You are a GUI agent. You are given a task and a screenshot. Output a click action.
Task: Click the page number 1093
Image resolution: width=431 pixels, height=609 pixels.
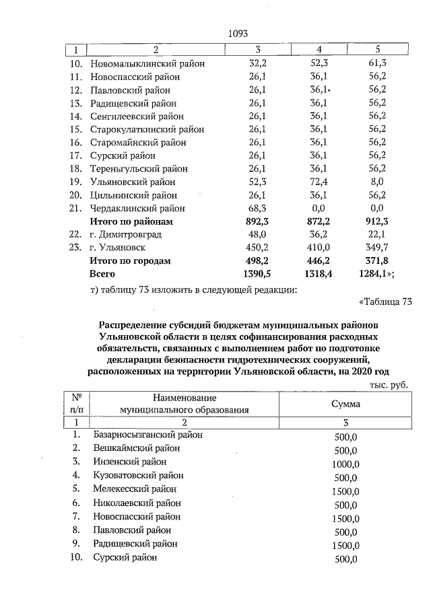tap(238, 33)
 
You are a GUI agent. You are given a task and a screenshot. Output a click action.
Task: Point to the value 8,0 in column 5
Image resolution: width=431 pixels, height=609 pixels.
tap(377, 182)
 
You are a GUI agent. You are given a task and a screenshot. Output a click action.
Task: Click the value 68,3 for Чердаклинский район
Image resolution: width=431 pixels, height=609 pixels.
tap(259, 209)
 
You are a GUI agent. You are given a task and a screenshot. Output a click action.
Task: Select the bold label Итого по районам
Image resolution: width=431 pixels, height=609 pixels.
tap(132, 221)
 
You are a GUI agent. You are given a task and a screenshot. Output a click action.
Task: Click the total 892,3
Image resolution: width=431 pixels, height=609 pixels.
tap(259, 221)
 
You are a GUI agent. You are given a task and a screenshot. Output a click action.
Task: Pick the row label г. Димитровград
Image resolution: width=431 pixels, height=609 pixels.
tap(126, 235)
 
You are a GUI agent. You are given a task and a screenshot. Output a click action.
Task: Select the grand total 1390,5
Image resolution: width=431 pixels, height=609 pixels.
tap(256, 274)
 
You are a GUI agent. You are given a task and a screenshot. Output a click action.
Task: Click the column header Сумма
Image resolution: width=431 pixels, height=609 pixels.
tap(345, 404)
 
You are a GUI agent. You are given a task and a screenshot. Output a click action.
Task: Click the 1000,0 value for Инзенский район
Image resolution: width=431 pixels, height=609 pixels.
tap(345, 464)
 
